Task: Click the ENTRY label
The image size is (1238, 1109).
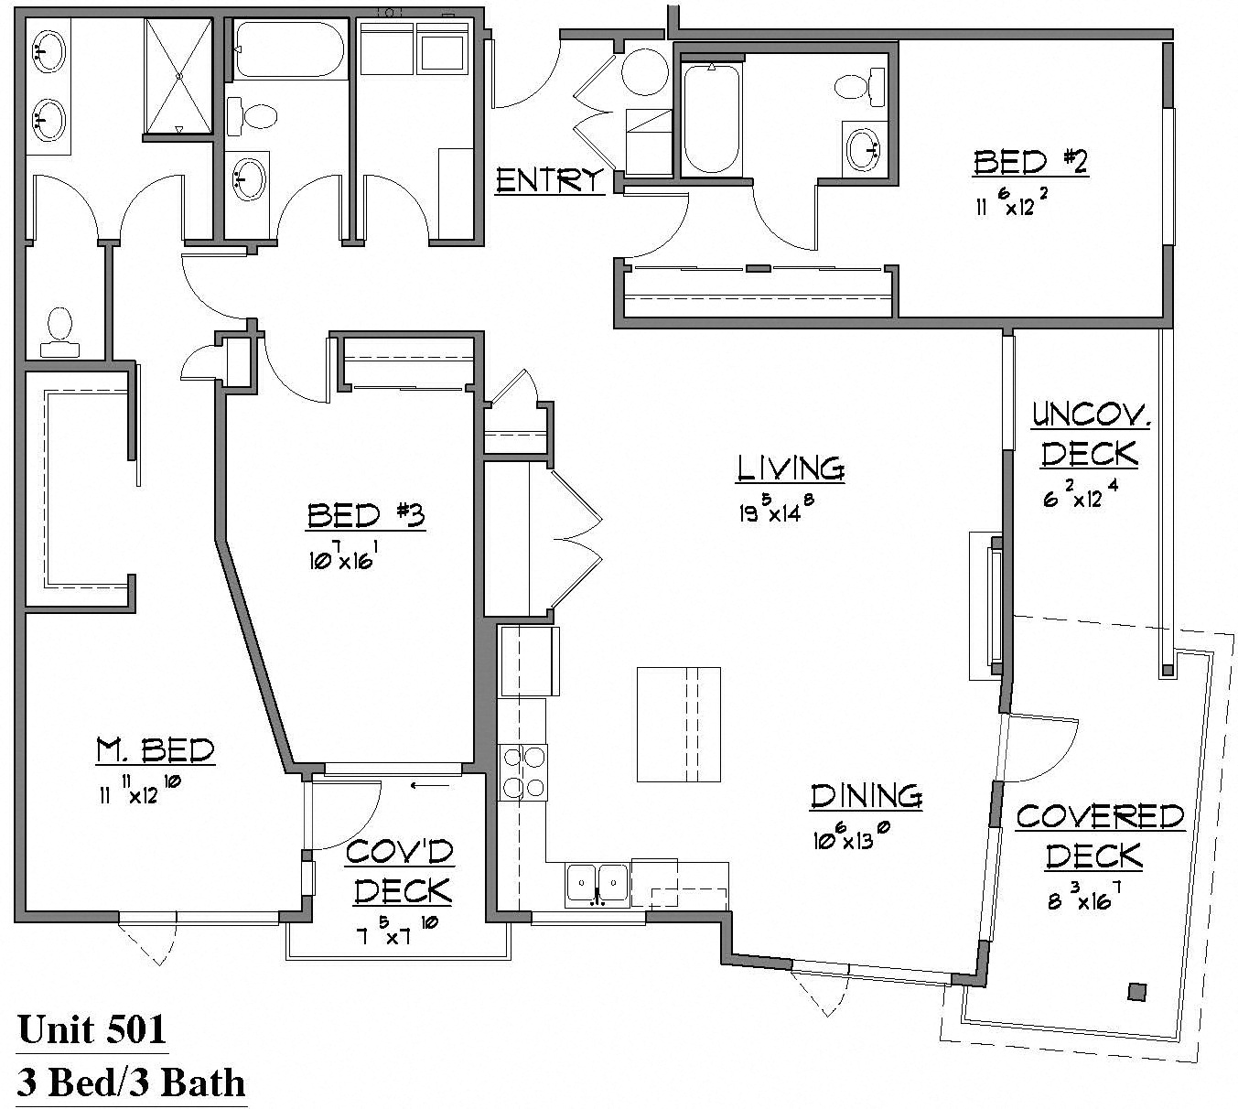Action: [x=549, y=180]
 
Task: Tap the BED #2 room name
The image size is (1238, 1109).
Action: [x=1029, y=163]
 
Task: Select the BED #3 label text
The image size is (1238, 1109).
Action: [x=365, y=516]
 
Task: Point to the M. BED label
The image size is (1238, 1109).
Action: [x=156, y=751]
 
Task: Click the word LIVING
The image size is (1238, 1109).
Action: [x=791, y=468]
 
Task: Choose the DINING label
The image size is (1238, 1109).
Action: [x=866, y=796]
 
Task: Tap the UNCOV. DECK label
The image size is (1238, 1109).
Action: [x=1090, y=435]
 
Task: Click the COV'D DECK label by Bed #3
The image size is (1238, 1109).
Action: [x=400, y=871]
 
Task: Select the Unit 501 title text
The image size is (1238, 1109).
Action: [x=92, y=1029]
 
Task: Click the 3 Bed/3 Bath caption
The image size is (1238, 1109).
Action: [x=132, y=1083]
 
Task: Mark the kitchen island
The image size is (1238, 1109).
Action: [x=678, y=725]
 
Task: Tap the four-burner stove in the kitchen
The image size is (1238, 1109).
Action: [x=522, y=773]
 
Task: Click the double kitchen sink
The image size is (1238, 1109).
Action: [x=597, y=885]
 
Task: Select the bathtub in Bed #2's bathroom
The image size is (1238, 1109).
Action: [x=711, y=119]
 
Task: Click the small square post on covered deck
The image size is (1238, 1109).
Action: [x=1137, y=991]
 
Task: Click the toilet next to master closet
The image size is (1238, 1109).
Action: [x=59, y=331]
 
